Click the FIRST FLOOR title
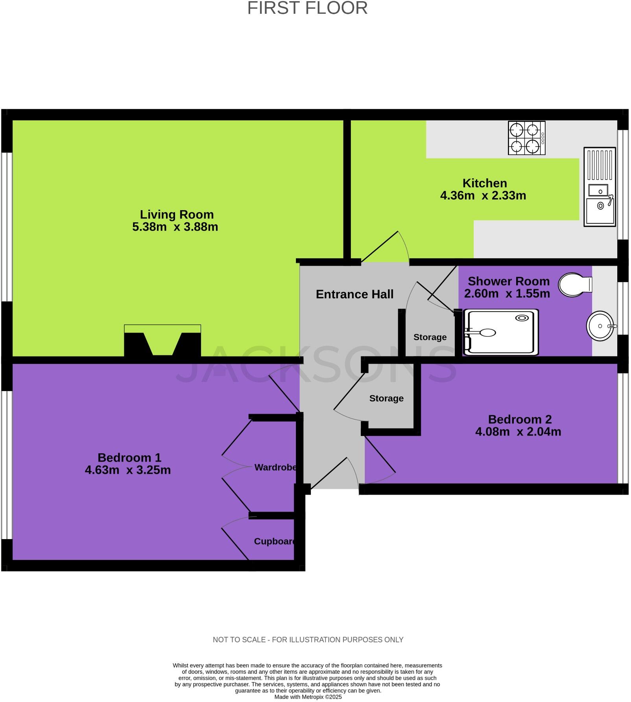pyautogui.click(x=307, y=8)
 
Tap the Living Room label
pyautogui.click(x=177, y=214)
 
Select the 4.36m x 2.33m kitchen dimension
pyautogui.click(x=483, y=196)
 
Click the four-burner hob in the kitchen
pyautogui.click(x=526, y=138)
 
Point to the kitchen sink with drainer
pyautogui.click(x=599, y=187)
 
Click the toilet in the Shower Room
pyautogui.click(x=575, y=284)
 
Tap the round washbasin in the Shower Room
pyautogui.click(x=600, y=326)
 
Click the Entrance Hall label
pyautogui.click(x=354, y=294)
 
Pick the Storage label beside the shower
pyautogui.click(x=430, y=337)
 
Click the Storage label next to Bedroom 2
pyautogui.click(x=386, y=399)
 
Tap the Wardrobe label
pyautogui.click(x=275, y=467)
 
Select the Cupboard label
pyautogui.click(x=275, y=541)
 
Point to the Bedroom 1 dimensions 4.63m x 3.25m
pyautogui.click(x=128, y=470)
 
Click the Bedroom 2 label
pyautogui.click(x=520, y=419)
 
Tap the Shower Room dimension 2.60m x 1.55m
pyautogui.click(x=507, y=294)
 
